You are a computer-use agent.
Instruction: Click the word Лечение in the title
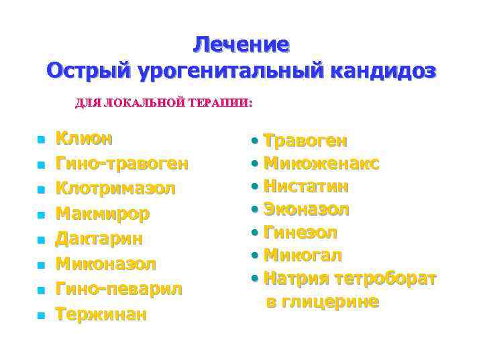241,44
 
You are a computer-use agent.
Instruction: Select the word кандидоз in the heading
380,70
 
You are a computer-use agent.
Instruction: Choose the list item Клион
84,139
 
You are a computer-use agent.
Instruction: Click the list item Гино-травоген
121,164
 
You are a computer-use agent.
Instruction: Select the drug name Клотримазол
115,189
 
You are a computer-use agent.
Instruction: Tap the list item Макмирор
103,214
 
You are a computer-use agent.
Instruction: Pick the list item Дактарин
99,239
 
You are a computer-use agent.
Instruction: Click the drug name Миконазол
105,263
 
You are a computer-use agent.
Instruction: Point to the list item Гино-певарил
118,289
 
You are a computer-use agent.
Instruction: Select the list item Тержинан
100,314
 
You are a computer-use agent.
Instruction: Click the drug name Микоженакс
321,163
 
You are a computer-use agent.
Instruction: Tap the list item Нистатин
306,186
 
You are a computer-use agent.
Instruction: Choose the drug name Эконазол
306,209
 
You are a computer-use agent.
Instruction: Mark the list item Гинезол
301,233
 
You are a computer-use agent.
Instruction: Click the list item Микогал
303,255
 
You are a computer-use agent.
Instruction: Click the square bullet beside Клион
41,140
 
